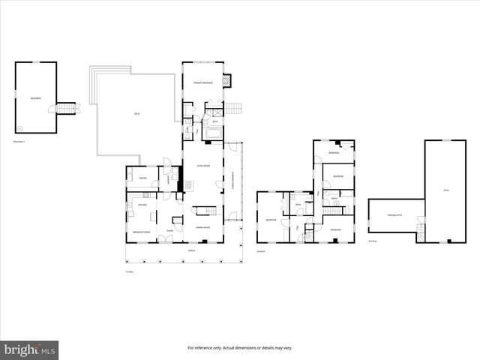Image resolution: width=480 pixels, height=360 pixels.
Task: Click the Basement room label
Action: (x=35, y=98)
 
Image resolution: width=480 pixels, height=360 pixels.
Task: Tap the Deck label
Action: (x=137, y=114)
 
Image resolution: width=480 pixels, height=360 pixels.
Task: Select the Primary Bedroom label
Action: (x=202, y=82)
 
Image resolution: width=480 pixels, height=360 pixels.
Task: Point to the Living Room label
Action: (x=202, y=166)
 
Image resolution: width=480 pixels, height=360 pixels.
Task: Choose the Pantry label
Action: (x=142, y=178)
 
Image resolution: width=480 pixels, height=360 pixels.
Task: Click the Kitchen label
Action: (x=141, y=204)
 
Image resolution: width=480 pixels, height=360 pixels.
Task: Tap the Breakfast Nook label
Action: (x=142, y=232)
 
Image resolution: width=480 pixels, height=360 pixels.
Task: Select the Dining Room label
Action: (x=202, y=226)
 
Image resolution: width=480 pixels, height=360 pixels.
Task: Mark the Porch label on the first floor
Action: (x=191, y=250)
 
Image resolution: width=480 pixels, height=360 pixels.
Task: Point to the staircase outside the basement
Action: (x=68, y=109)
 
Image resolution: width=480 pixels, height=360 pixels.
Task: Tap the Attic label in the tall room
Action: (x=445, y=190)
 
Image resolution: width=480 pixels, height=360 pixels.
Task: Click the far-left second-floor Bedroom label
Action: (x=271, y=220)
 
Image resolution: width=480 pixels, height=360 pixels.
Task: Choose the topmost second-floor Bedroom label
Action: (x=334, y=153)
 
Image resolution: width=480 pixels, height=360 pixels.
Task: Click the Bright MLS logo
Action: (x=30, y=349)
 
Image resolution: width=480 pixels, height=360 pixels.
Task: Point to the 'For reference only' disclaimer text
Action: (x=239, y=348)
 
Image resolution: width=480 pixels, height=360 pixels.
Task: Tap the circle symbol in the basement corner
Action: (x=21, y=127)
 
